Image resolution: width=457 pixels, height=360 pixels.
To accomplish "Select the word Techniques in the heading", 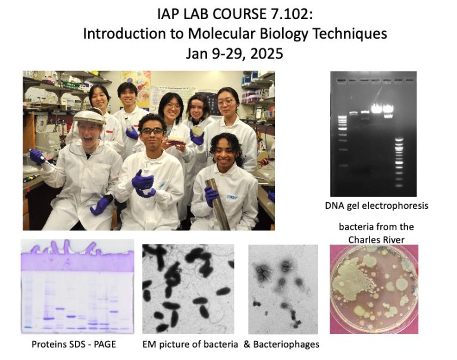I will pos(348,33).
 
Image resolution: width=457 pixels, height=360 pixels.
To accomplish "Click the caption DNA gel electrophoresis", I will pos(376,206).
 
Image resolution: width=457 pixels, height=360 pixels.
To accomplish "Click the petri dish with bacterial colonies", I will pos(374,289).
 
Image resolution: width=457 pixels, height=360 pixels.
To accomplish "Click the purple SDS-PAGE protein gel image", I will pos(77,286).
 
